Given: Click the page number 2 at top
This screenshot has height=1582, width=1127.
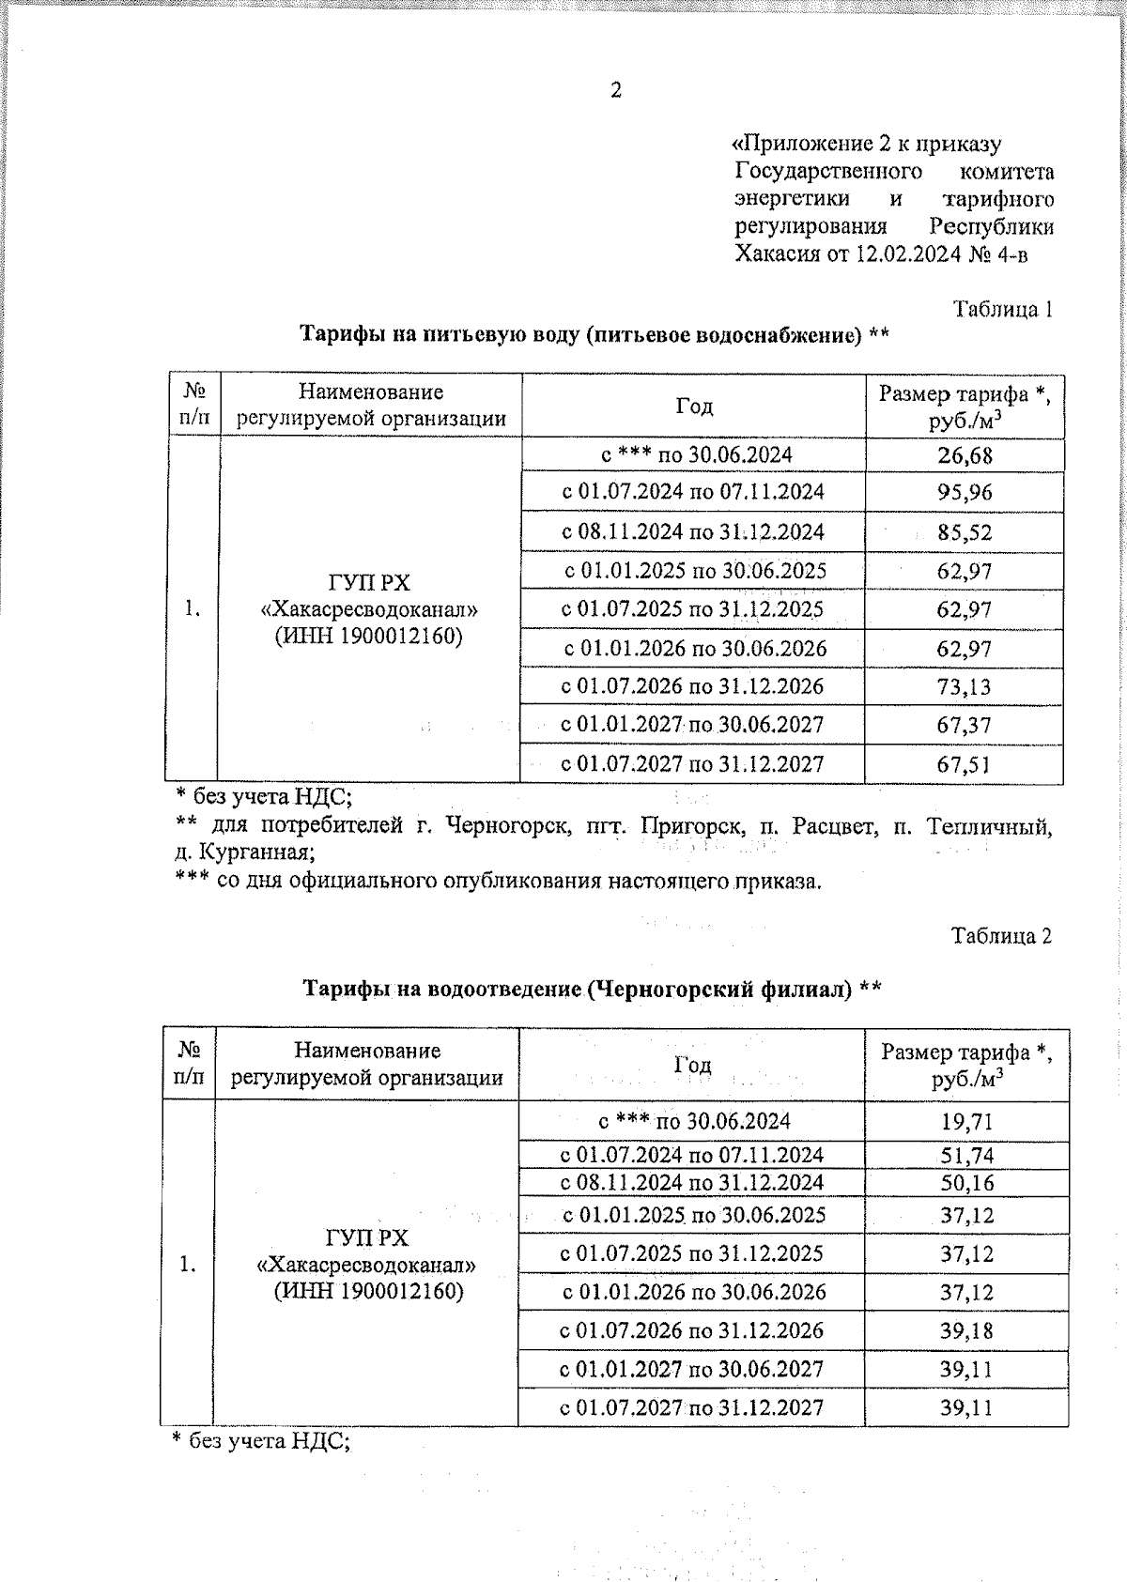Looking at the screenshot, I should (616, 91).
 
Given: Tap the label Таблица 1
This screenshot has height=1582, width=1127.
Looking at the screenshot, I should (1002, 309).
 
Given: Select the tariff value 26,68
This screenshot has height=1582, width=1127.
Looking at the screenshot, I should (965, 456).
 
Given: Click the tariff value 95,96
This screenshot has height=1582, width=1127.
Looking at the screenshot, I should (965, 493).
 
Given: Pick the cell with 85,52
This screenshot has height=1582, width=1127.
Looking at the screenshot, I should (965, 532).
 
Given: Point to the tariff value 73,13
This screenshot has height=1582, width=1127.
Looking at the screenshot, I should (965, 687).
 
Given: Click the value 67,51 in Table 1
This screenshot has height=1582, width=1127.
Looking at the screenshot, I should (965, 765).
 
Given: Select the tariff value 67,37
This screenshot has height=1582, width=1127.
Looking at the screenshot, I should (965, 726).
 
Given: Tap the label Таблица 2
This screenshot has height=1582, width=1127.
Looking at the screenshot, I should (1001, 936).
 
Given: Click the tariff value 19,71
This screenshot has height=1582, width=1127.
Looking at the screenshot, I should (966, 1122).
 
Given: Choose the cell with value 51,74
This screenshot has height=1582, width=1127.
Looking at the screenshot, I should (966, 1156).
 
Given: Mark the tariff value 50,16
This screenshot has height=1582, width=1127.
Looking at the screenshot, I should (966, 1183).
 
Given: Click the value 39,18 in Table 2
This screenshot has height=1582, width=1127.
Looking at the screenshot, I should (966, 1331).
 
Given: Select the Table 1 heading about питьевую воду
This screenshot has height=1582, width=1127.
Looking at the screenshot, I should (594, 335).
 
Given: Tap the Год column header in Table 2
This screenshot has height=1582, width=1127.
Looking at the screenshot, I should (692, 1065).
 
